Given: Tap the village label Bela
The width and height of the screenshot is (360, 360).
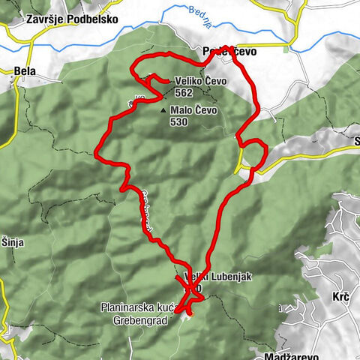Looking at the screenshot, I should click(25, 71).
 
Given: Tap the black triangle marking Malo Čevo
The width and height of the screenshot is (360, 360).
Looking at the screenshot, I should click(164, 110).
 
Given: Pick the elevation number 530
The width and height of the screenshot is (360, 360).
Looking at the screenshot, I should click(179, 121).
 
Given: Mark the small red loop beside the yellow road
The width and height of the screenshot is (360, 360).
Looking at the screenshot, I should click(252, 154).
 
